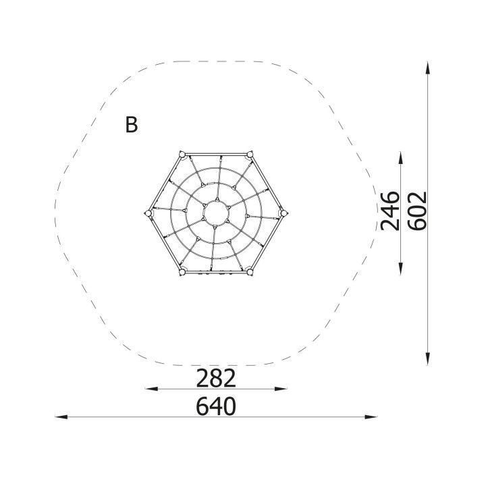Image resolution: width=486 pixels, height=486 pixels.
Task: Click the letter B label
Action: (132, 125)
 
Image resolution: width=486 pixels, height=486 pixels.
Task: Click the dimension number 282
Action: (216, 379)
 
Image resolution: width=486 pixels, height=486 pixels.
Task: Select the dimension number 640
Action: (216, 406)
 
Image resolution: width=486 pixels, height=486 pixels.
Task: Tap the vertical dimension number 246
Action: (390, 211)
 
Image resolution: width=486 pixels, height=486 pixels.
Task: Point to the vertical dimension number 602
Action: (417, 211)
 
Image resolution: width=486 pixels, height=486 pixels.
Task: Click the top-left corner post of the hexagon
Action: (182, 155)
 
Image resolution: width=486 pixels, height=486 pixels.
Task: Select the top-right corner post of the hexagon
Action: (250, 155)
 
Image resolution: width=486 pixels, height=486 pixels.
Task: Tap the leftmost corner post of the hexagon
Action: (148, 213)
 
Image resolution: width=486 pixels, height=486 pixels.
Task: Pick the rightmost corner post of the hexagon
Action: (283, 213)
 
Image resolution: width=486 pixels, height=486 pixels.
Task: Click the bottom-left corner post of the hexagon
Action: (182, 272)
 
